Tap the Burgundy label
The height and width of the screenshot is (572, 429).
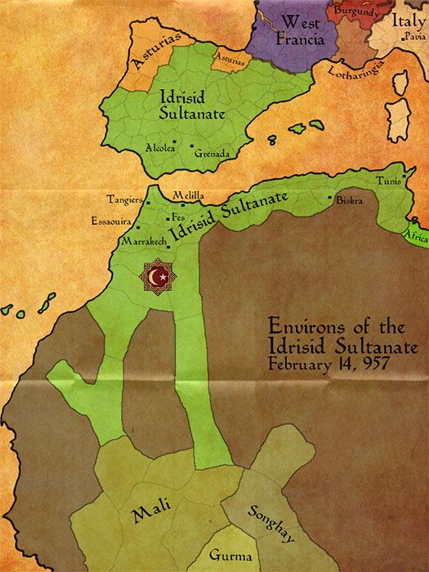355,12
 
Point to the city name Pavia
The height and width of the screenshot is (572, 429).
413,37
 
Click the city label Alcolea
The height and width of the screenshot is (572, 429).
160,148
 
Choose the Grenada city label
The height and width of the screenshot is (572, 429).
211,153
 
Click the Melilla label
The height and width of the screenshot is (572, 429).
188,196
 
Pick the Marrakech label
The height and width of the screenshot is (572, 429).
142,243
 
